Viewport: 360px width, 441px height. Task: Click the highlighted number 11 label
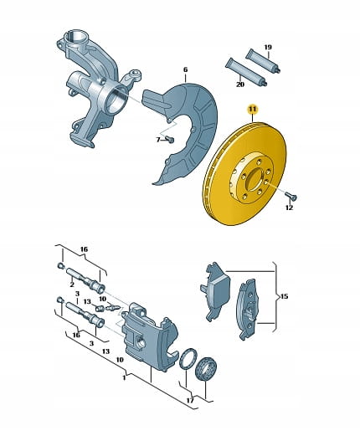[253, 110]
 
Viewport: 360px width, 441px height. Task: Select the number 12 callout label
[289, 208]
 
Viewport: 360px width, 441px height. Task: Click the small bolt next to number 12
[291, 196]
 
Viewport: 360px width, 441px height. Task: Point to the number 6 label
[185, 69]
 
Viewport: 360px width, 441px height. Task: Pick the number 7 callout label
[158, 140]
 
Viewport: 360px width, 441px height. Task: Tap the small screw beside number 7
[170, 139]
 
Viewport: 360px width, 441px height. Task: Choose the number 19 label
[268, 47]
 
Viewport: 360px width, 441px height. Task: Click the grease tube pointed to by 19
[263, 61]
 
